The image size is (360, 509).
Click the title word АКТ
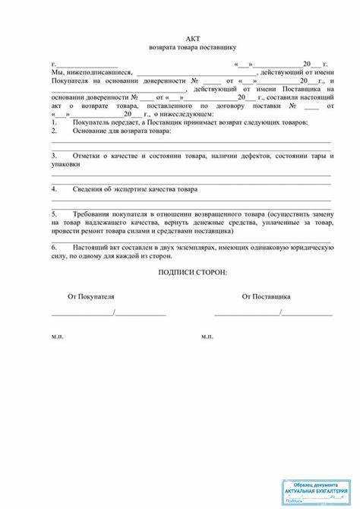click(x=192, y=39)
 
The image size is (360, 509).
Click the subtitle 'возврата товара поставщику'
click(x=192, y=47)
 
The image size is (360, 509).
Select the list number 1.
click(x=54, y=122)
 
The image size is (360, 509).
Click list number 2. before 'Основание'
click(x=54, y=131)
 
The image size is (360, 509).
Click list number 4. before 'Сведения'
click(x=54, y=188)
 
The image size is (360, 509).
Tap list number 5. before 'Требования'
click(x=54, y=215)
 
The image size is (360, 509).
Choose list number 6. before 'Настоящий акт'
click(x=54, y=248)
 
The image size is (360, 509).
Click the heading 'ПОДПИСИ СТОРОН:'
click(x=192, y=272)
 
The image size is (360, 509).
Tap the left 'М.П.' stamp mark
click(x=58, y=336)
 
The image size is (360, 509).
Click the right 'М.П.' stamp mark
click(x=207, y=336)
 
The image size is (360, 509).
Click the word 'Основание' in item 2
click(x=90, y=131)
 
